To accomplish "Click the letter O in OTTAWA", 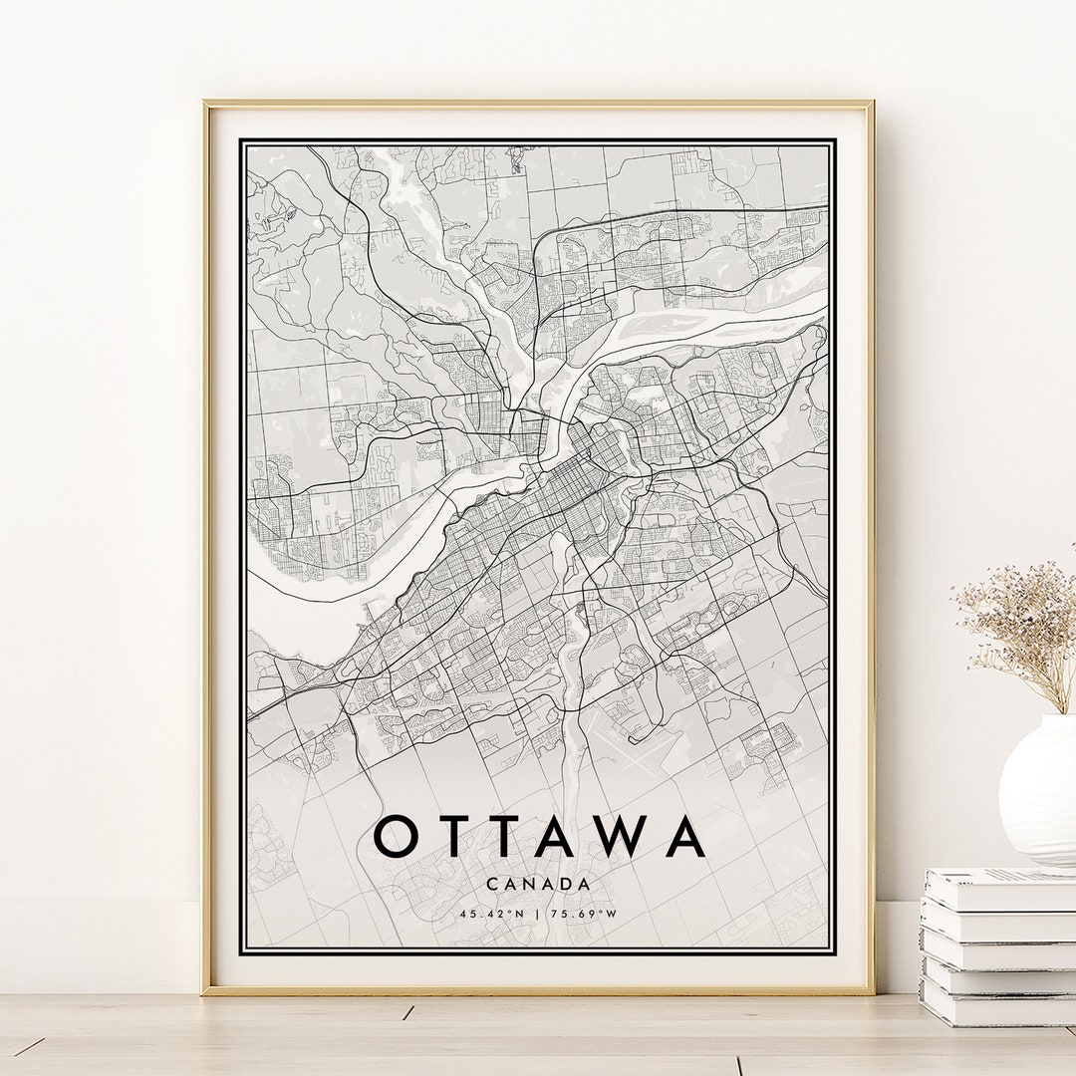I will (x=395, y=837).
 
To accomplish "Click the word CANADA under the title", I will (x=539, y=884).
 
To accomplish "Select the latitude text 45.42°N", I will (x=492, y=913).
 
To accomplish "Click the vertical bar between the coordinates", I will (x=539, y=913).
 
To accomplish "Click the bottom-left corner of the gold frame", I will (x=205, y=992).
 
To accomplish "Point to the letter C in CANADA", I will (x=493, y=884).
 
